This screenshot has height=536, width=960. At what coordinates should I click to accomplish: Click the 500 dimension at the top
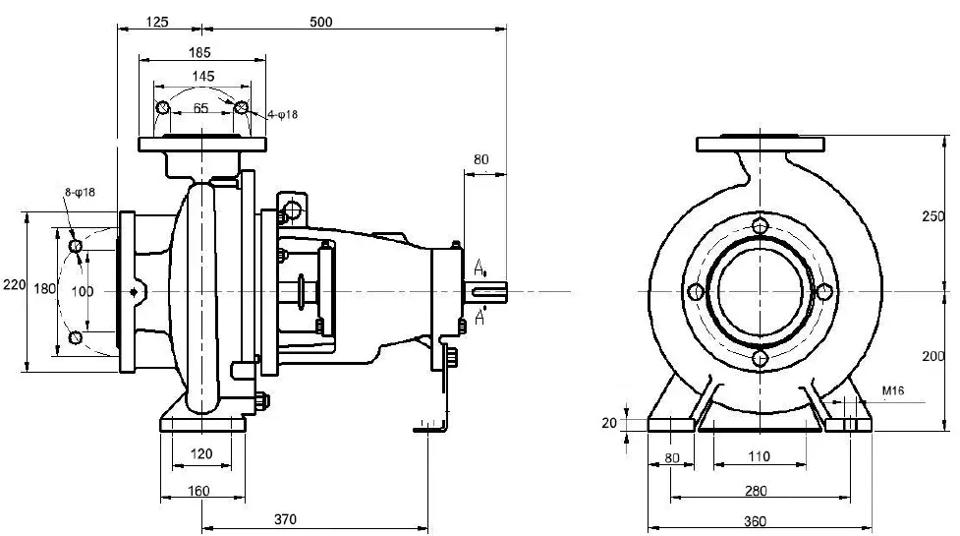[320, 22]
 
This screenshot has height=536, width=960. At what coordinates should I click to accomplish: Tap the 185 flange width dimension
[200, 52]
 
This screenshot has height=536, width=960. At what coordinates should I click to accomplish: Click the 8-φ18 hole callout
[80, 193]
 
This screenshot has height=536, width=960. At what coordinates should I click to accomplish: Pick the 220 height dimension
[13, 285]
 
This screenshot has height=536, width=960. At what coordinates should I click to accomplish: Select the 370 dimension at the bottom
[285, 519]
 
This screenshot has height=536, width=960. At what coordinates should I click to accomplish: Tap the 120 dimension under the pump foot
[200, 454]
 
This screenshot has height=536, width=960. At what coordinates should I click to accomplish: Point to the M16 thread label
[892, 390]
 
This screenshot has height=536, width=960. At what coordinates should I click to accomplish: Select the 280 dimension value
[756, 490]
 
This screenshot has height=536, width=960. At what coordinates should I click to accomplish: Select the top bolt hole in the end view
[759, 226]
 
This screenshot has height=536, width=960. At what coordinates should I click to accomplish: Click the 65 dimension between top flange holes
[200, 109]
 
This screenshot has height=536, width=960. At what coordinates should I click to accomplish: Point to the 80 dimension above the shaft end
[481, 158]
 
